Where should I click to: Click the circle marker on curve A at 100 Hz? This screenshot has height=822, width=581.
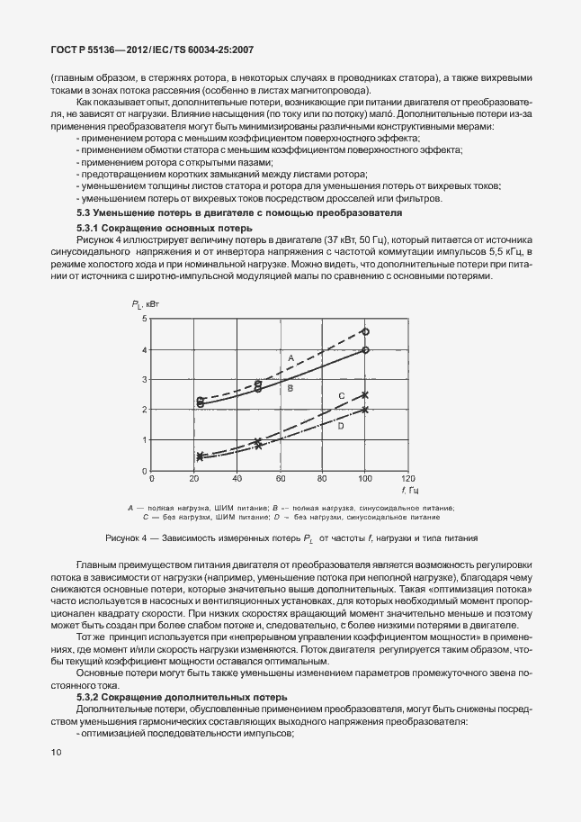[x=365, y=332]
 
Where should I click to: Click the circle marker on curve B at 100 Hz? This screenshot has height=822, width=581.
[x=365, y=350]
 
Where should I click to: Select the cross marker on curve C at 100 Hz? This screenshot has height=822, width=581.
[x=365, y=394]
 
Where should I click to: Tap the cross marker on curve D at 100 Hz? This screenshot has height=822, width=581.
[x=365, y=410]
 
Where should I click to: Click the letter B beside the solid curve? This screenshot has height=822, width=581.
[x=290, y=387]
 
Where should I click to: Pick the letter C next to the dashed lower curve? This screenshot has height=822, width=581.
[x=341, y=396]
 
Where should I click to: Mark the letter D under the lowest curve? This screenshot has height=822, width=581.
[x=341, y=426]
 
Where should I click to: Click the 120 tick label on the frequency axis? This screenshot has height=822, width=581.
[x=408, y=479]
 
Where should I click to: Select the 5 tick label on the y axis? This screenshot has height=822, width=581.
[x=143, y=319]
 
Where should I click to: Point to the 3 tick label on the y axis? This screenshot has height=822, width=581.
[x=143, y=380]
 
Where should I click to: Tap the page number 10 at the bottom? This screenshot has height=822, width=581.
[x=57, y=751]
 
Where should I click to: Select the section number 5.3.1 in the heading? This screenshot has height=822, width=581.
[x=91, y=227]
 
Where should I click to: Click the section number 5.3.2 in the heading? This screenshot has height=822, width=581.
[x=91, y=698]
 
